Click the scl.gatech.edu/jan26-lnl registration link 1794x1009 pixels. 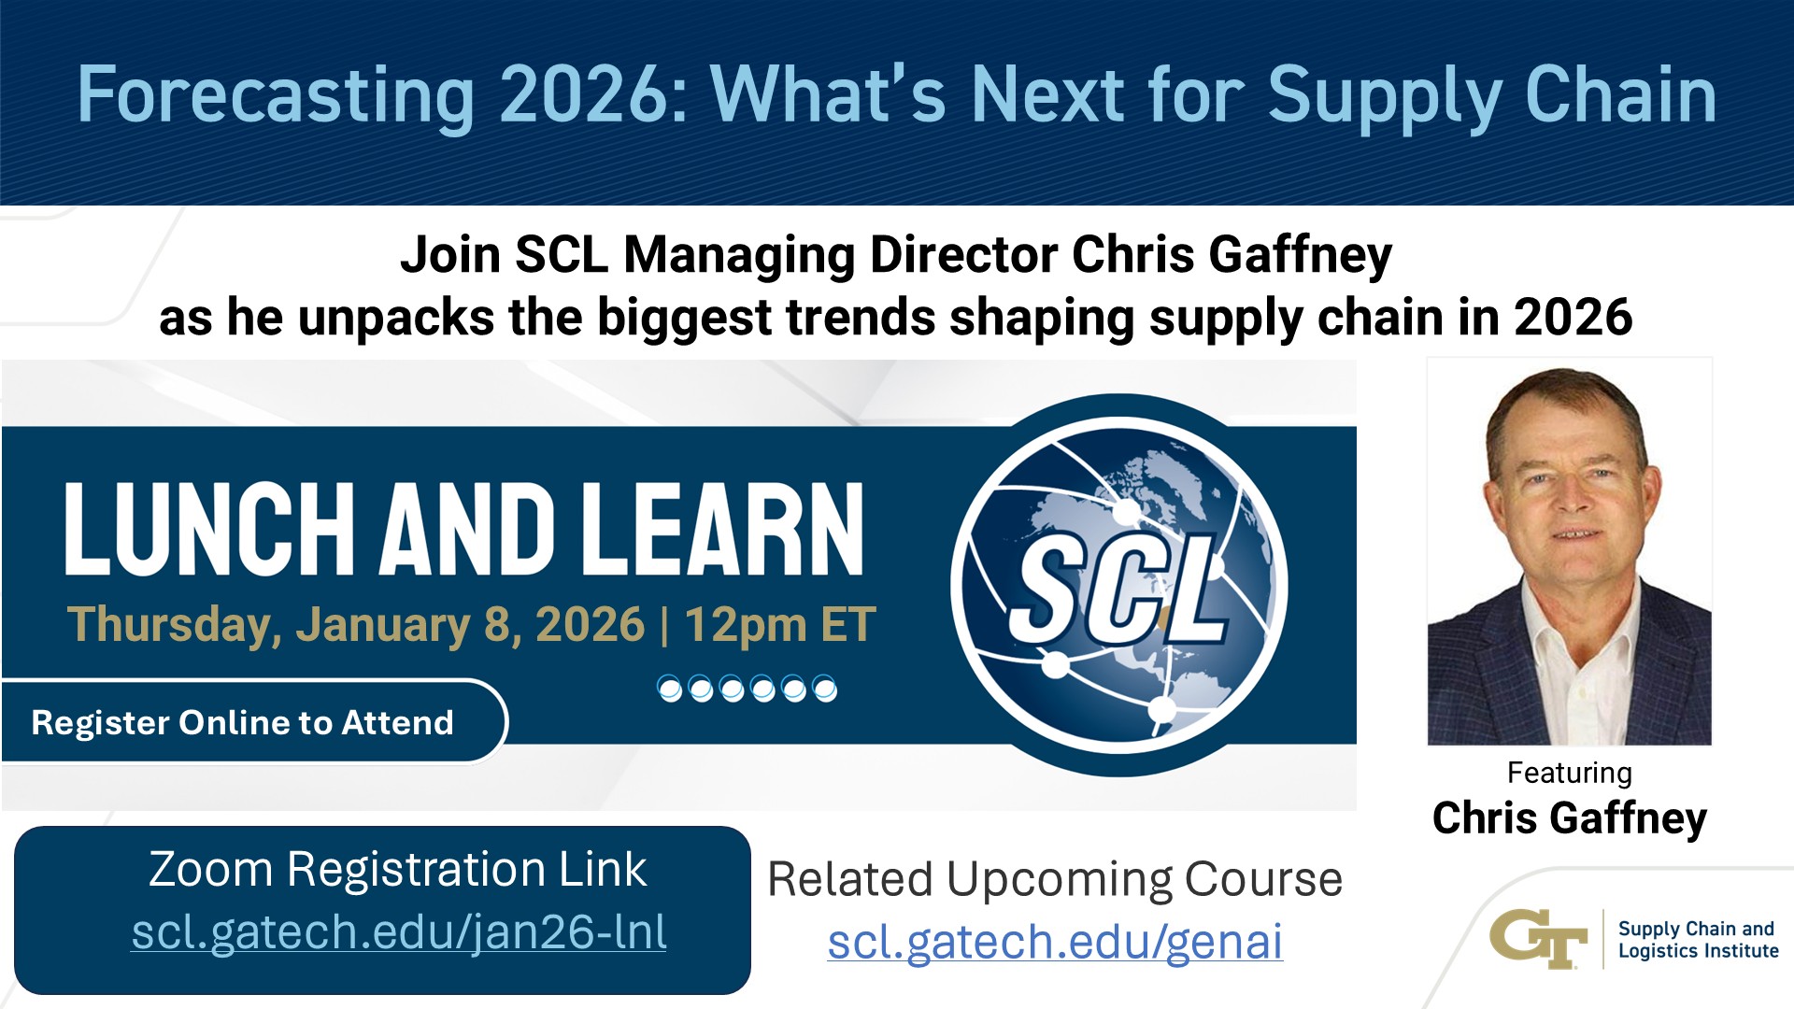(399, 932)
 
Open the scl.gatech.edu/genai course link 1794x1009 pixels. (1055, 941)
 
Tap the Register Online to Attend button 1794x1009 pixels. (242, 722)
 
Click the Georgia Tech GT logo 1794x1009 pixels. (1538, 938)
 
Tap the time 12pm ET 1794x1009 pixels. (780, 624)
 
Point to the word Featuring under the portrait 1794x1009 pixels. (1569, 773)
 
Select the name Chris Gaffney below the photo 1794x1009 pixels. (1569, 817)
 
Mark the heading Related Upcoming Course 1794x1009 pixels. (1055, 879)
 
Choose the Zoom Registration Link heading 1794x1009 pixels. (397, 869)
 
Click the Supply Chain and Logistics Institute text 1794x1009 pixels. (1698, 939)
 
